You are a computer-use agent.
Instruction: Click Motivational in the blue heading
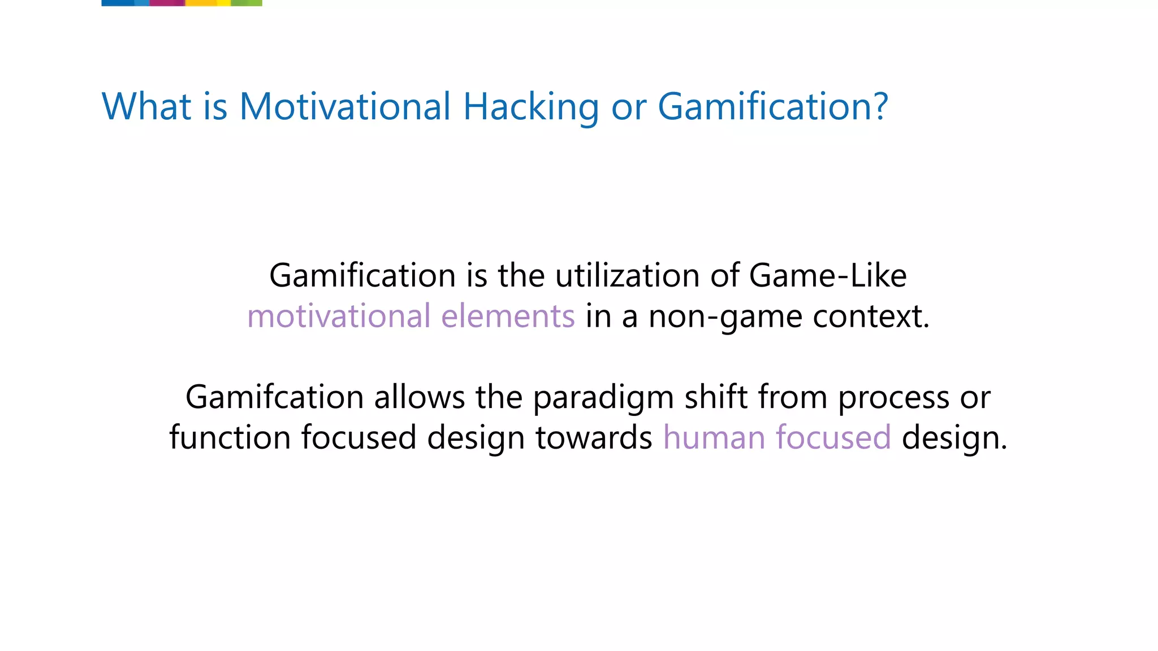coord(345,106)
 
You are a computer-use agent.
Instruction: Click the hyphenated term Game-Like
coord(828,276)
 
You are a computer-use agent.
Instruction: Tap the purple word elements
coord(508,316)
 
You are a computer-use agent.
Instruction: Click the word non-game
coord(725,317)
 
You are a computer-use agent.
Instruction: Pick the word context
coord(871,316)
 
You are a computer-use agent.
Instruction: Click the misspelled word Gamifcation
coord(274,397)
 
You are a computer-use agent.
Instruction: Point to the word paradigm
coord(603,398)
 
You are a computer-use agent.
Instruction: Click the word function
coord(230,437)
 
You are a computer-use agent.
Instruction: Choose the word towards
coord(594,437)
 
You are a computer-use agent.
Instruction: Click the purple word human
coord(714,437)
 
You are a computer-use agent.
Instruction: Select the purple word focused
coord(833,437)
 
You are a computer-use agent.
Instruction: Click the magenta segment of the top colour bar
coord(167,3)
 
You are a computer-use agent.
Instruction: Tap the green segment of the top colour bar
coord(247,3)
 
